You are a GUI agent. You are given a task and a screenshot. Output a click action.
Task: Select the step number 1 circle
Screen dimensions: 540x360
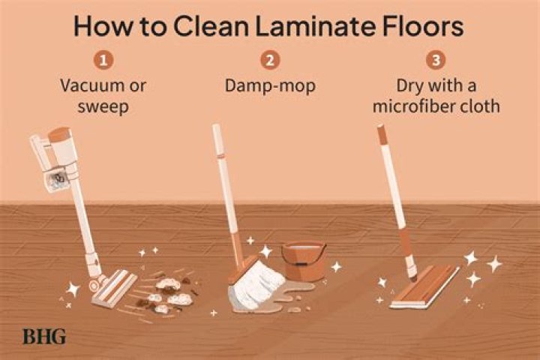click(x=103, y=60)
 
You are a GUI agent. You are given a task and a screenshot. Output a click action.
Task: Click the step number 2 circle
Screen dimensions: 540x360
click(x=270, y=60)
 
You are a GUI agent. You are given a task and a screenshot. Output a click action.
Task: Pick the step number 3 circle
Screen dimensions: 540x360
click(x=436, y=60)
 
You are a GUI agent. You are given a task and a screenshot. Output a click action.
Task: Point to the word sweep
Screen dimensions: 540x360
click(x=103, y=106)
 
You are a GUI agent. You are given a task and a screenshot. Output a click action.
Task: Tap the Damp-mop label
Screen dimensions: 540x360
click(x=270, y=86)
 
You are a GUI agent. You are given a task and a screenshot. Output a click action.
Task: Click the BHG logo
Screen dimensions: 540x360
click(x=44, y=337)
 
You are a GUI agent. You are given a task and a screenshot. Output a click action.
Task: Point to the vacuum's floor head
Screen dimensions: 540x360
click(x=115, y=288)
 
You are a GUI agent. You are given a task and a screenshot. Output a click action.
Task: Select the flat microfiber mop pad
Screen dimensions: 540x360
click(x=425, y=287)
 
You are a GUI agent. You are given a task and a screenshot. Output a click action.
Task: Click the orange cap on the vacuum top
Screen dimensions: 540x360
click(x=59, y=134)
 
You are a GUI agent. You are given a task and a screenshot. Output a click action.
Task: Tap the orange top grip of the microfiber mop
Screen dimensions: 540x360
click(x=382, y=135)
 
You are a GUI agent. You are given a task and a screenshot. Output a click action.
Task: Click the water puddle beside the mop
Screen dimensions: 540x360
click(x=283, y=296)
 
